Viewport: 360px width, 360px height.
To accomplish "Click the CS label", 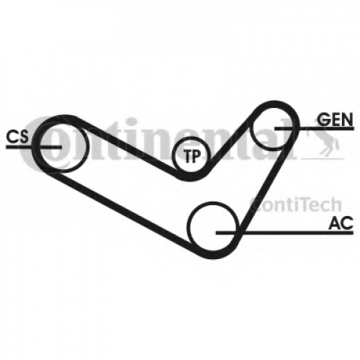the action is [17, 137].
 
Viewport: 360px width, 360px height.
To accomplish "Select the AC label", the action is [341, 222].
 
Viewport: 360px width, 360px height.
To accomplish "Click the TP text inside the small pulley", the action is [192, 156].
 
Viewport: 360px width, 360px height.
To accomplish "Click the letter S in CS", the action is [24, 137].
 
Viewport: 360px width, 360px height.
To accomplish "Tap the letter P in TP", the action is [197, 156].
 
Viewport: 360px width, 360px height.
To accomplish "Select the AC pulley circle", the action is [189, 227].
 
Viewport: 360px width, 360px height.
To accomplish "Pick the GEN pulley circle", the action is [251, 130].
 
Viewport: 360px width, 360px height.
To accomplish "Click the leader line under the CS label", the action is [34, 147].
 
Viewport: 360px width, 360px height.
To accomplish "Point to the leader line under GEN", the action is [314, 129].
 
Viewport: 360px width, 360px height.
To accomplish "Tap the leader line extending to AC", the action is [284, 233].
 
